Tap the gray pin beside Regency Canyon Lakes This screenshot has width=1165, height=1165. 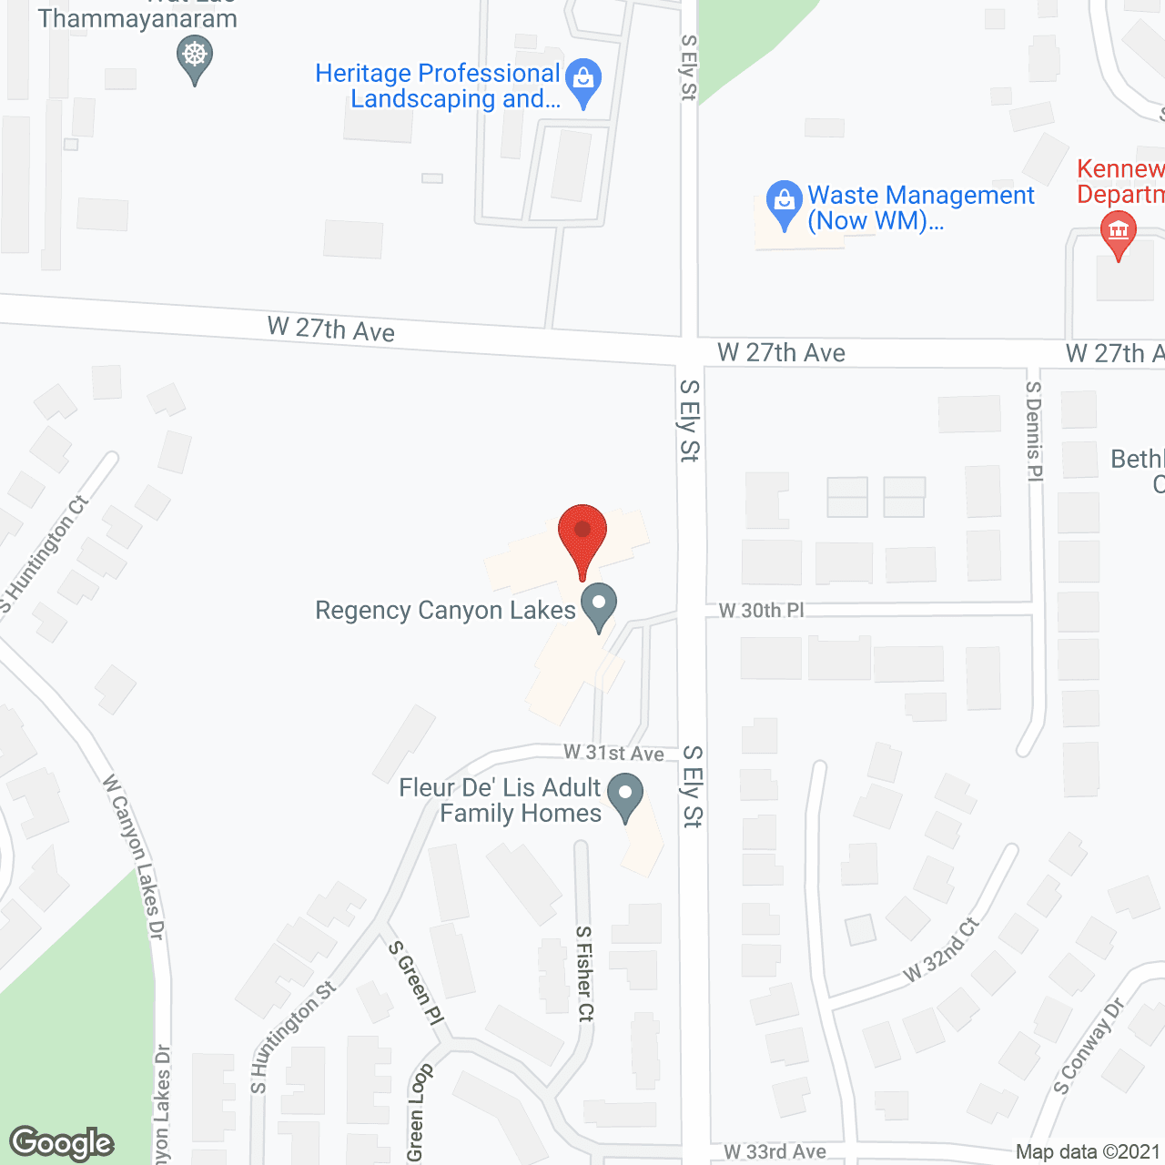[x=599, y=605]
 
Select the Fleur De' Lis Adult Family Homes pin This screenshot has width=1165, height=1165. [x=625, y=795]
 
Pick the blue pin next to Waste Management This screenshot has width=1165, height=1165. [x=784, y=204]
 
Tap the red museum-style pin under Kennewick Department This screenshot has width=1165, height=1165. [x=1118, y=234]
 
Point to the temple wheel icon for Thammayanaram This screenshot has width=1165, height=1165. [x=194, y=56]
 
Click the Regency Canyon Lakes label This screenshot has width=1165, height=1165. [x=445, y=610]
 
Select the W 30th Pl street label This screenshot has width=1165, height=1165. [x=762, y=610]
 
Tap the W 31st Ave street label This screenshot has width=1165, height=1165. [x=613, y=753]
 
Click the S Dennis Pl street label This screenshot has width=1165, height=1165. [x=1034, y=430]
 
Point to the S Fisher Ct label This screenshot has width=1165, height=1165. [x=584, y=973]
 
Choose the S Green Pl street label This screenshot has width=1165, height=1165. [x=416, y=983]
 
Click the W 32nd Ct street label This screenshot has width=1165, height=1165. [x=941, y=950]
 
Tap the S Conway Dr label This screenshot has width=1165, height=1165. [x=1089, y=1047]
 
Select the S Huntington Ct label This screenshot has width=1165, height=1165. [x=45, y=553]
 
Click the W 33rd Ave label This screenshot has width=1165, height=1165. [x=775, y=1152]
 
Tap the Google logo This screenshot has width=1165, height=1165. [x=62, y=1143]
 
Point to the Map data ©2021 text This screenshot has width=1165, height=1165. [x=1088, y=1152]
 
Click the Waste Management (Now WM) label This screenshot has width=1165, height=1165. [x=920, y=208]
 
